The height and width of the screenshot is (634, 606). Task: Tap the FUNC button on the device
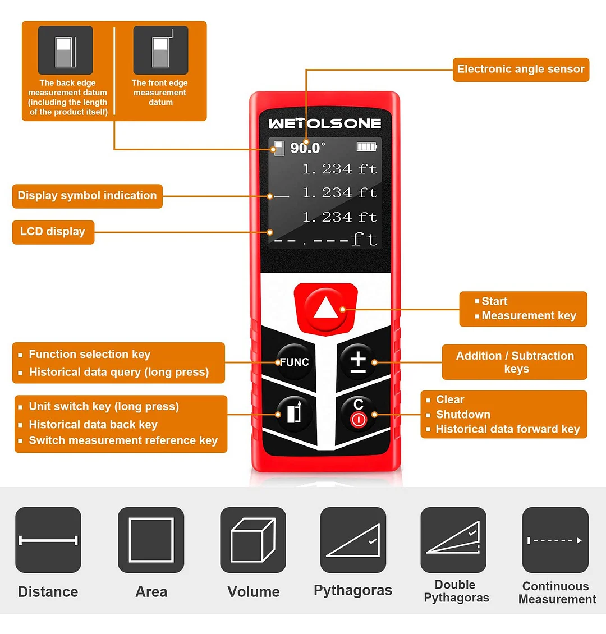click(x=295, y=362)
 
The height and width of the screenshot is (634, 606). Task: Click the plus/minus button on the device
click(x=357, y=362)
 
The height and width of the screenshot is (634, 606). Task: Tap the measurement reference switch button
click(x=294, y=414)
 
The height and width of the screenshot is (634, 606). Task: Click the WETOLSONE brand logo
click(x=324, y=123)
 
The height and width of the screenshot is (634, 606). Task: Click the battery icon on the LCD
click(x=367, y=147)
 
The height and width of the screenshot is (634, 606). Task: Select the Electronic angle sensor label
click(x=521, y=70)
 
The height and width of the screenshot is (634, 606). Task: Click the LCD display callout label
click(x=53, y=232)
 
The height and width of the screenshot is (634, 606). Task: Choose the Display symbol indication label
click(x=87, y=196)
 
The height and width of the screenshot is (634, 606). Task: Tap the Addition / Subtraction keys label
click(x=515, y=362)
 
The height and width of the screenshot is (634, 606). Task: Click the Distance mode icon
click(x=48, y=540)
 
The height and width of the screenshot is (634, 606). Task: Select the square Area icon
click(x=151, y=540)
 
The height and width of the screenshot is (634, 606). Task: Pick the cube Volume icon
click(x=253, y=540)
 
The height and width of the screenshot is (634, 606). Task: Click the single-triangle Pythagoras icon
click(x=353, y=540)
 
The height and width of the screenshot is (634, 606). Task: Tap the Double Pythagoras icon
click(x=453, y=540)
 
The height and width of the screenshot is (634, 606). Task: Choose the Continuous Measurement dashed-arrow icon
click(x=555, y=540)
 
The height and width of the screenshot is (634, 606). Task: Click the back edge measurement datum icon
click(x=66, y=50)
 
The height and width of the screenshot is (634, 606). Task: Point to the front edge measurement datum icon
click(x=160, y=50)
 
